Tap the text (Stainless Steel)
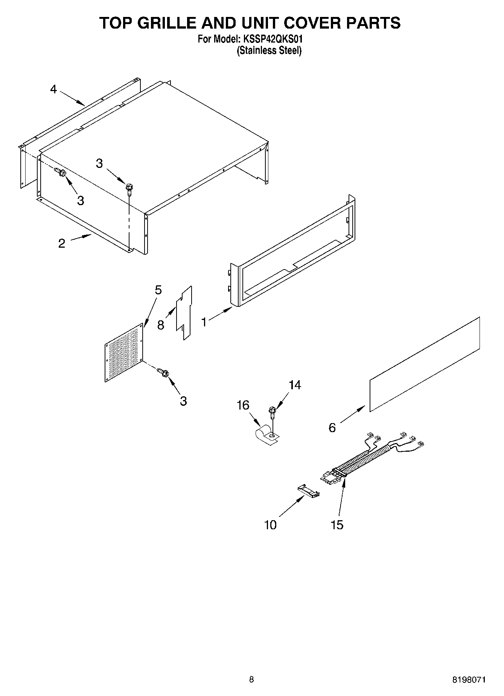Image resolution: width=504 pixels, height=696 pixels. pos(269,50)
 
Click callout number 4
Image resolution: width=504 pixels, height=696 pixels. pos(53,90)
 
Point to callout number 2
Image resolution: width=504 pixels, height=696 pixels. pos(62,243)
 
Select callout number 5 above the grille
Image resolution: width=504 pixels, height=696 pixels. pos(158,290)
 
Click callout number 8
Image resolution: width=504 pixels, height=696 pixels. pos(161,325)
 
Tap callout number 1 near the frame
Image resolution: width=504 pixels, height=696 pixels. pos(204,322)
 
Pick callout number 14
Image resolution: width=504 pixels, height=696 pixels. pos(295,385)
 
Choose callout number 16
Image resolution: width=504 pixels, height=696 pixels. pos(243,405)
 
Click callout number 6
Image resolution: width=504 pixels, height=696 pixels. pos(332,428)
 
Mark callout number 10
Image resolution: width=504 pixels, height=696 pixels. pos(270,525)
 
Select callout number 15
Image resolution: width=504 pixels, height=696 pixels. pos(337,525)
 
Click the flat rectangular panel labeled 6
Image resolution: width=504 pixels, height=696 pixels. pos(425,364)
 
